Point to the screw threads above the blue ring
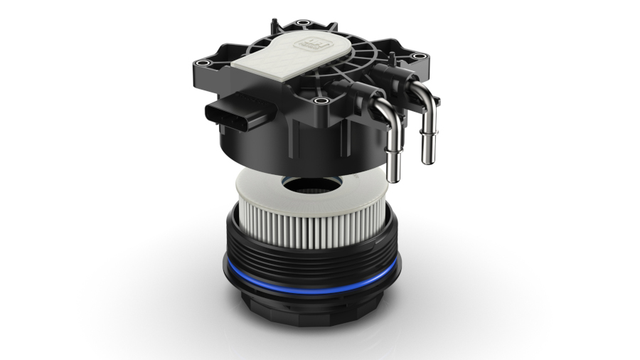point(313,256)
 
